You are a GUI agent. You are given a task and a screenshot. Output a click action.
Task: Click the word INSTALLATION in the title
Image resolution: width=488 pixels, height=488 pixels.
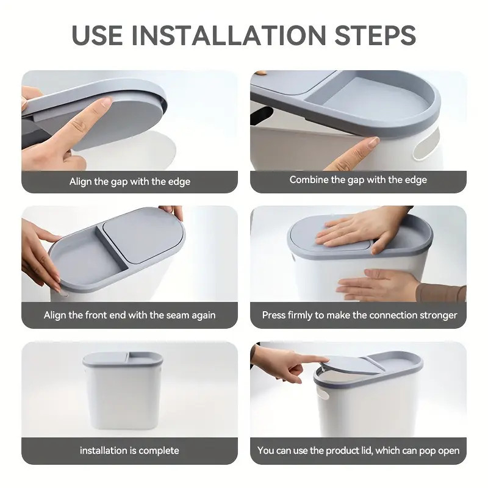229,35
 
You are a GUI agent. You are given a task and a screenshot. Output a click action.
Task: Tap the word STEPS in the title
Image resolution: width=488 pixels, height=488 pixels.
375,35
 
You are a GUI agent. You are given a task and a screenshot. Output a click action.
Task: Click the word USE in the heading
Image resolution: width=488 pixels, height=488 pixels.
97,35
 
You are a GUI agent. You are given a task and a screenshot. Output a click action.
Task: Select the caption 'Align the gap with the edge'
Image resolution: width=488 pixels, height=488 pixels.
130,181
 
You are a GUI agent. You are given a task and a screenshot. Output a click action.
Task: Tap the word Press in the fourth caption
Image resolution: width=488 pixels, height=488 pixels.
273,315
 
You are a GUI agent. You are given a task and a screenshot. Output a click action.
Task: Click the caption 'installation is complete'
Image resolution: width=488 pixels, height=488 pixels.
129,450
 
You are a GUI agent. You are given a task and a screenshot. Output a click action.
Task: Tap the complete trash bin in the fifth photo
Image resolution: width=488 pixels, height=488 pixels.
123,390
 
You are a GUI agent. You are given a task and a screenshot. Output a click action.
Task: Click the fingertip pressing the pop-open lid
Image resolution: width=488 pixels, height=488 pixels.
324,359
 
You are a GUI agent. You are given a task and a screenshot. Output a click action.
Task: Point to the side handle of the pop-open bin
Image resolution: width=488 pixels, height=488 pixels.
323,393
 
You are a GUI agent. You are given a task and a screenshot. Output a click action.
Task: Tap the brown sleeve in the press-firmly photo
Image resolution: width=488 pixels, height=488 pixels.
441,293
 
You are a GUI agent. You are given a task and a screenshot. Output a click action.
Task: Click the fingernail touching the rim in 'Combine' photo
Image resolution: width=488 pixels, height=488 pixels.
373,143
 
